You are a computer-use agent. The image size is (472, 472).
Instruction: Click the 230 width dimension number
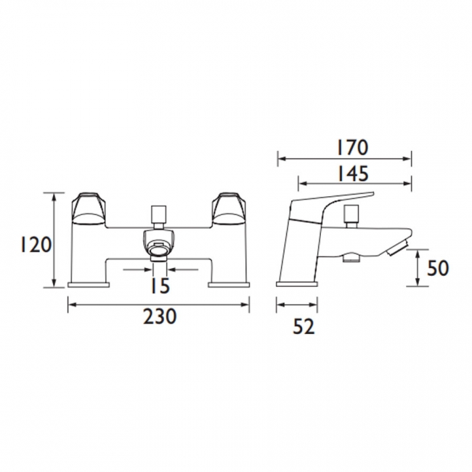(x=159, y=317)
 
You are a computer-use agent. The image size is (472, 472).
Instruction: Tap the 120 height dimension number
(x=36, y=245)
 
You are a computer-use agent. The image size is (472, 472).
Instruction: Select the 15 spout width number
(x=160, y=285)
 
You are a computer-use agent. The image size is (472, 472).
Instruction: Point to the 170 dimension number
(x=352, y=147)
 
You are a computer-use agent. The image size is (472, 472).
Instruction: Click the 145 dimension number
(x=352, y=174)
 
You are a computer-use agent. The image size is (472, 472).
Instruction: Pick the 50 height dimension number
(x=438, y=268)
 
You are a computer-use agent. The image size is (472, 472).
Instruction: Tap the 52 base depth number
(x=304, y=327)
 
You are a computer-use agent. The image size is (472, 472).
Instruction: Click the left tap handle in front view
(x=88, y=209)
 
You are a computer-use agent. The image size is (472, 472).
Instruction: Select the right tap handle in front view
(x=229, y=209)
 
